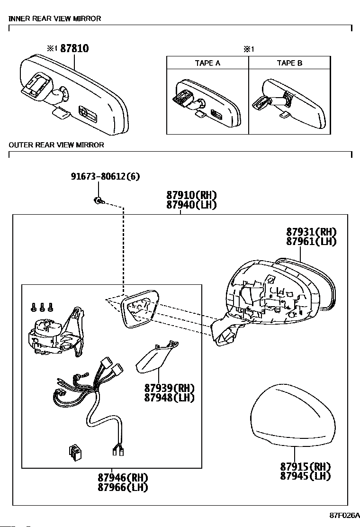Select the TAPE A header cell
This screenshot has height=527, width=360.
(x=207, y=63)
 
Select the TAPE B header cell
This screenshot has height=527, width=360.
(x=289, y=63)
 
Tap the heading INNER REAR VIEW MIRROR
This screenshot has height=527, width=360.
(x=55, y=18)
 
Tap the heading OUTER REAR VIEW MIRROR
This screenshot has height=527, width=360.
(x=56, y=145)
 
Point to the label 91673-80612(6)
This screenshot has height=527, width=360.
(x=106, y=176)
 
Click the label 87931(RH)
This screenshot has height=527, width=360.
(x=311, y=232)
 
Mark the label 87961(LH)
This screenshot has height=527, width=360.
(x=311, y=241)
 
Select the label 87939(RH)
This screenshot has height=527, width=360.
(x=170, y=388)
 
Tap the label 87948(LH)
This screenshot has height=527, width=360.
(x=170, y=398)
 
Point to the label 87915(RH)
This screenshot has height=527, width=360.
(x=305, y=466)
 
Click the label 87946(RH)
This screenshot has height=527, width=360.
(x=123, y=478)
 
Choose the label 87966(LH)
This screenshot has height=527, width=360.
(x=123, y=487)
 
